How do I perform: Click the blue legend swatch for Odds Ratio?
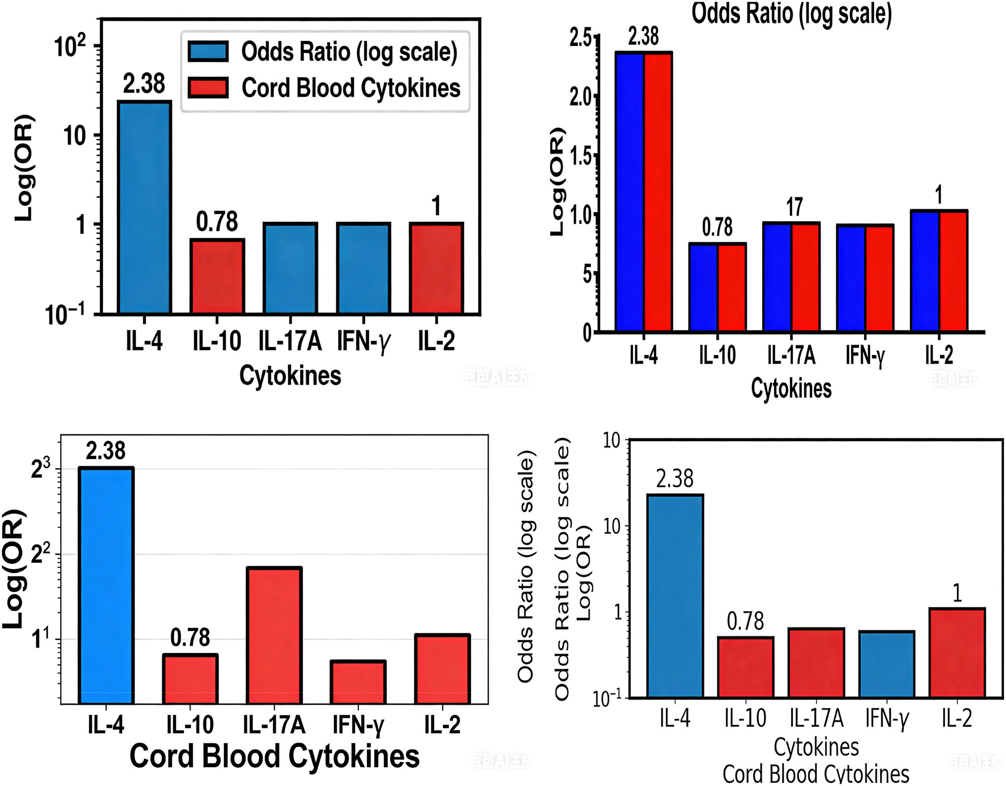208,51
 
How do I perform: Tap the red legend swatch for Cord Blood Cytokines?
208,88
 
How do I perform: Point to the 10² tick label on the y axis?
70,46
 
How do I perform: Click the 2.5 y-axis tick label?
581,38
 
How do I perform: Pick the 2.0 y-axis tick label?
581,97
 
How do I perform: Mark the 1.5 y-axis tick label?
581,156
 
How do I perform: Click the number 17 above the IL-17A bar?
794,207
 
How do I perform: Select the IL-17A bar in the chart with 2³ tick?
274,636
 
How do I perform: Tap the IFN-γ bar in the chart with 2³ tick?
358,682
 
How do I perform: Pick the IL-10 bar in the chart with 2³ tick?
190,679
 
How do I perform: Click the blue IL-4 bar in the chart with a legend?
144,207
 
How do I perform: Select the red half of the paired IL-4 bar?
658,192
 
